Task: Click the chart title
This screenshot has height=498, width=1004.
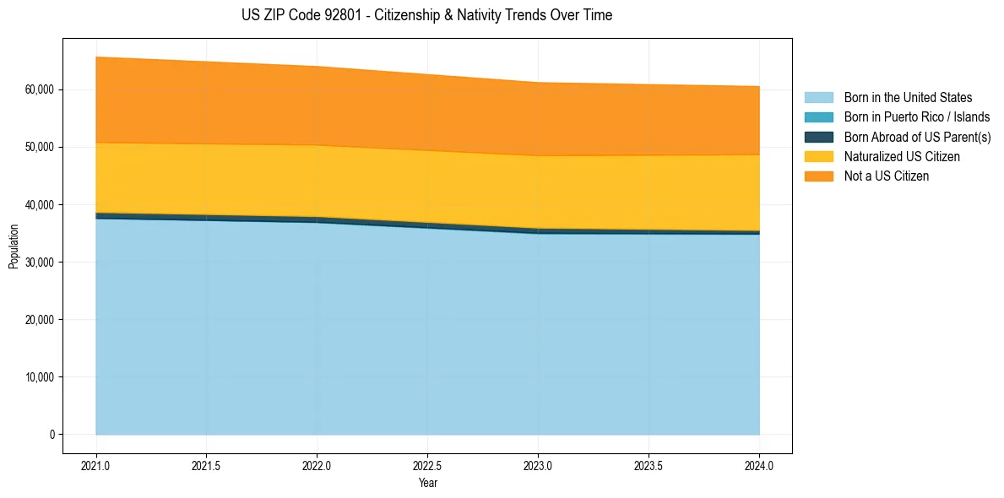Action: coord(426,15)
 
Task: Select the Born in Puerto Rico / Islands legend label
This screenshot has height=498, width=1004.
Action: coord(917,117)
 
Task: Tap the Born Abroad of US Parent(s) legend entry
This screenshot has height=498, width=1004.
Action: coord(917,137)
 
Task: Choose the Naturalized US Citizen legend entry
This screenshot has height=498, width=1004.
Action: coord(902,156)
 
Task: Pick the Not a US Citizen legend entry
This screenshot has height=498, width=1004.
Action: coord(887,176)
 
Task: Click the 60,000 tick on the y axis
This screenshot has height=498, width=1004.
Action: coord(41,89)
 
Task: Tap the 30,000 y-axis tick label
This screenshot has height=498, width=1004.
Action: coord(41,263)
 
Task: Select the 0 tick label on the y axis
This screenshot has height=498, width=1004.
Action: coord(52,435)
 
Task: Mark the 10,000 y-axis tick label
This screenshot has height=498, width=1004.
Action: coord(41,377)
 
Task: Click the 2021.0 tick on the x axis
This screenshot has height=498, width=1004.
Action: coord(96,465)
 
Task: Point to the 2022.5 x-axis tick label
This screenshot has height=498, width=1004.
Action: coord(428,465)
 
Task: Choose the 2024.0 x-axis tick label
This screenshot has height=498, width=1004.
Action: coord(759,465)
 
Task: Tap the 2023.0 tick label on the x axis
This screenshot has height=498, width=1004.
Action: coord(538,465)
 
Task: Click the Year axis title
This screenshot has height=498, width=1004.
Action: coord(428,483)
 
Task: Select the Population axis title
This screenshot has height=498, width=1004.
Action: coord(14,246)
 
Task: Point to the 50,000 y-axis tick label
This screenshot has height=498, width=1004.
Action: coord(41,147)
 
